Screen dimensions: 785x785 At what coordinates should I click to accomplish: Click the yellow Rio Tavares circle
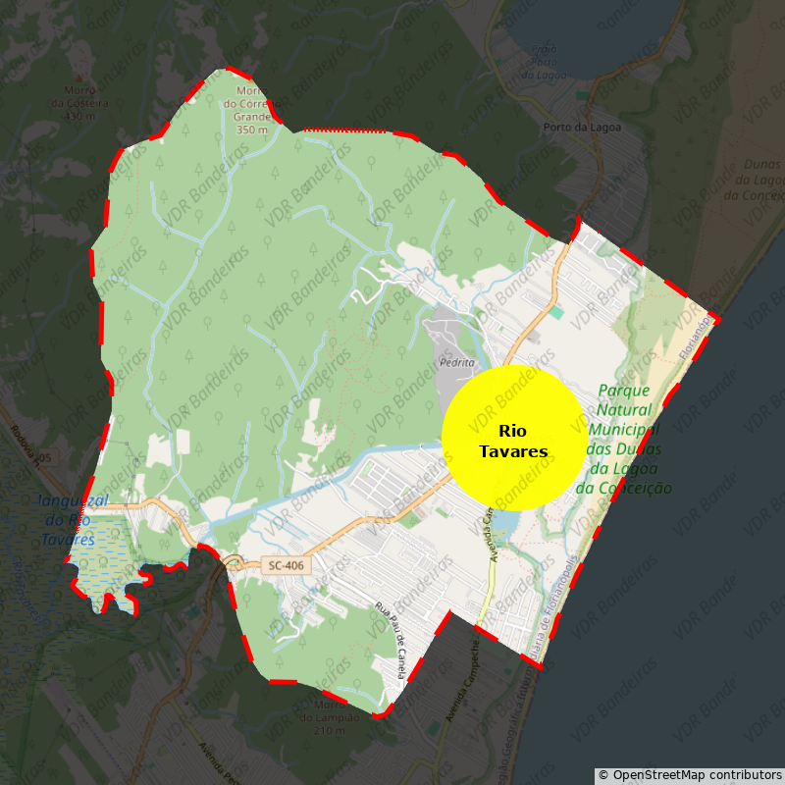tap(513, 438)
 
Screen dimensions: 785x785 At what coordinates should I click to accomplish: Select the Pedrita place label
tap(457, 362)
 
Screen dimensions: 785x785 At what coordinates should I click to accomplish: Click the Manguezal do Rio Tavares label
tap(69, 520)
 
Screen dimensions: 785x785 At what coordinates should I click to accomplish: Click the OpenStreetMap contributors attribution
tap(690, 775)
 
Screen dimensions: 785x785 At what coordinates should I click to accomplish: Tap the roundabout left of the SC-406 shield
tap(234, 562)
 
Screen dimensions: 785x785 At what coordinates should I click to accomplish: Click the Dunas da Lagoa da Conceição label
tap(753, 180)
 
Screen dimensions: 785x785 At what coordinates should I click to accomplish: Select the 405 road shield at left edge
tap(42, 457)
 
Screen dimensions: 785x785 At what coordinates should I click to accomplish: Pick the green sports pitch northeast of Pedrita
tap(557, 312)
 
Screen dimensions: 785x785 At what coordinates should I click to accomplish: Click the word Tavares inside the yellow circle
tap(513, 452)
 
